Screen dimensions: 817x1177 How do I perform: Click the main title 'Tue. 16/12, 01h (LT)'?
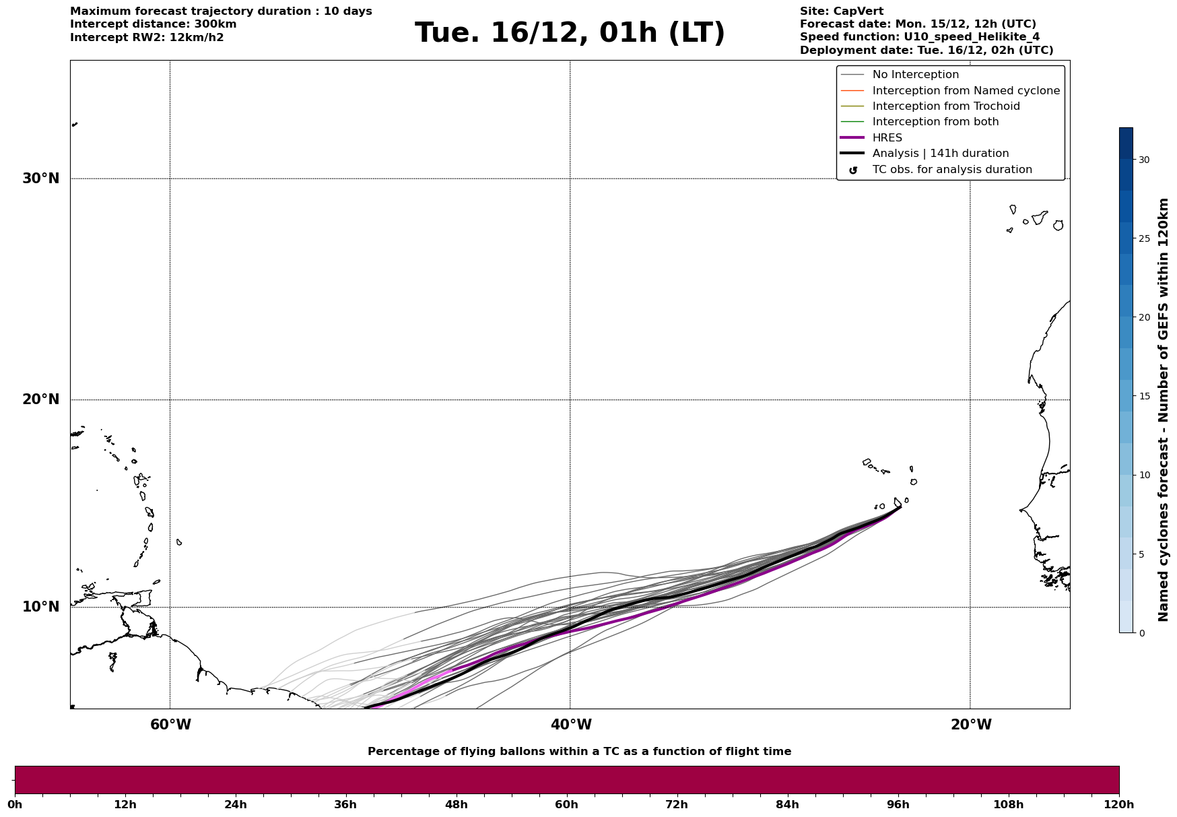(x=570, y=33)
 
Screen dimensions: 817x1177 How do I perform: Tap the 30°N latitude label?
(x=40, y=178)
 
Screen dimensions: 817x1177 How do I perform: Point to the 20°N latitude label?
(x=40, y=399)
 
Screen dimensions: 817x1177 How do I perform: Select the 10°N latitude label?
(x=40, y=607)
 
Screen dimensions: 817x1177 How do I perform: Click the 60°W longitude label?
(x=170, y=725)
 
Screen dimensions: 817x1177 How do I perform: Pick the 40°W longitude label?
(x=571, y=725)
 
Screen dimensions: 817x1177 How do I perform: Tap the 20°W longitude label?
(x=971, y=725)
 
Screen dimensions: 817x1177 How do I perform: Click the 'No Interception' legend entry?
(x=915, y=75)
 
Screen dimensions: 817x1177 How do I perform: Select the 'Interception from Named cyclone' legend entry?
(x=966, y=91)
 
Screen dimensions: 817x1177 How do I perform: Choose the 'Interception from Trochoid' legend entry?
(x=945, y=106)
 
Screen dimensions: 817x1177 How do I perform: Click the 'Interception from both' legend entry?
(x=935, y=122)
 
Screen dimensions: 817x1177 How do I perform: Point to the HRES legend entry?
(x=887, y=138)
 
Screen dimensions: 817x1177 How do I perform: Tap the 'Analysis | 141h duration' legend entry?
(x=940, y=154)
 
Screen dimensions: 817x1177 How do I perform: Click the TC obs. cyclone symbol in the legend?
(x=853, y=170)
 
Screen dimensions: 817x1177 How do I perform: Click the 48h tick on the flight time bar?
(x=457, y=804)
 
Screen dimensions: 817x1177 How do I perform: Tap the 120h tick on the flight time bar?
(x=1119, y=804)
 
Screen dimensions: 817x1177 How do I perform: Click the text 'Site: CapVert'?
(x=841, y=11)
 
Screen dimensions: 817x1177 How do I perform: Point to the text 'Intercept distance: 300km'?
(x=153, y=24)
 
